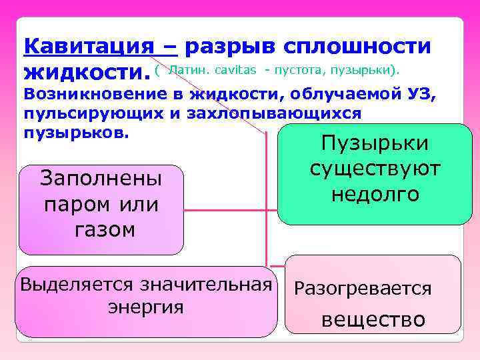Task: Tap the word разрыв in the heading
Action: click(x=228, y=47)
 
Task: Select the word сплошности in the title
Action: click(x=357, y=47)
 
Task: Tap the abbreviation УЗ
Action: click(x=422, y=95)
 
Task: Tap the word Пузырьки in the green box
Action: click(x=375, y=145)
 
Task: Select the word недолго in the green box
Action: click(x=375, y=194)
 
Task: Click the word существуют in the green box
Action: click(x=375, y=169)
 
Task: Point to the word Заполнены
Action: click(x=101, y=179)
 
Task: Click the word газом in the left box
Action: click(x=101, y=229)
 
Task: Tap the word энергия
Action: click(x=145, y=307)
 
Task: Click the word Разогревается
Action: click(x=363, y=289)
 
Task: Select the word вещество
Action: click(x=373, y=319)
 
